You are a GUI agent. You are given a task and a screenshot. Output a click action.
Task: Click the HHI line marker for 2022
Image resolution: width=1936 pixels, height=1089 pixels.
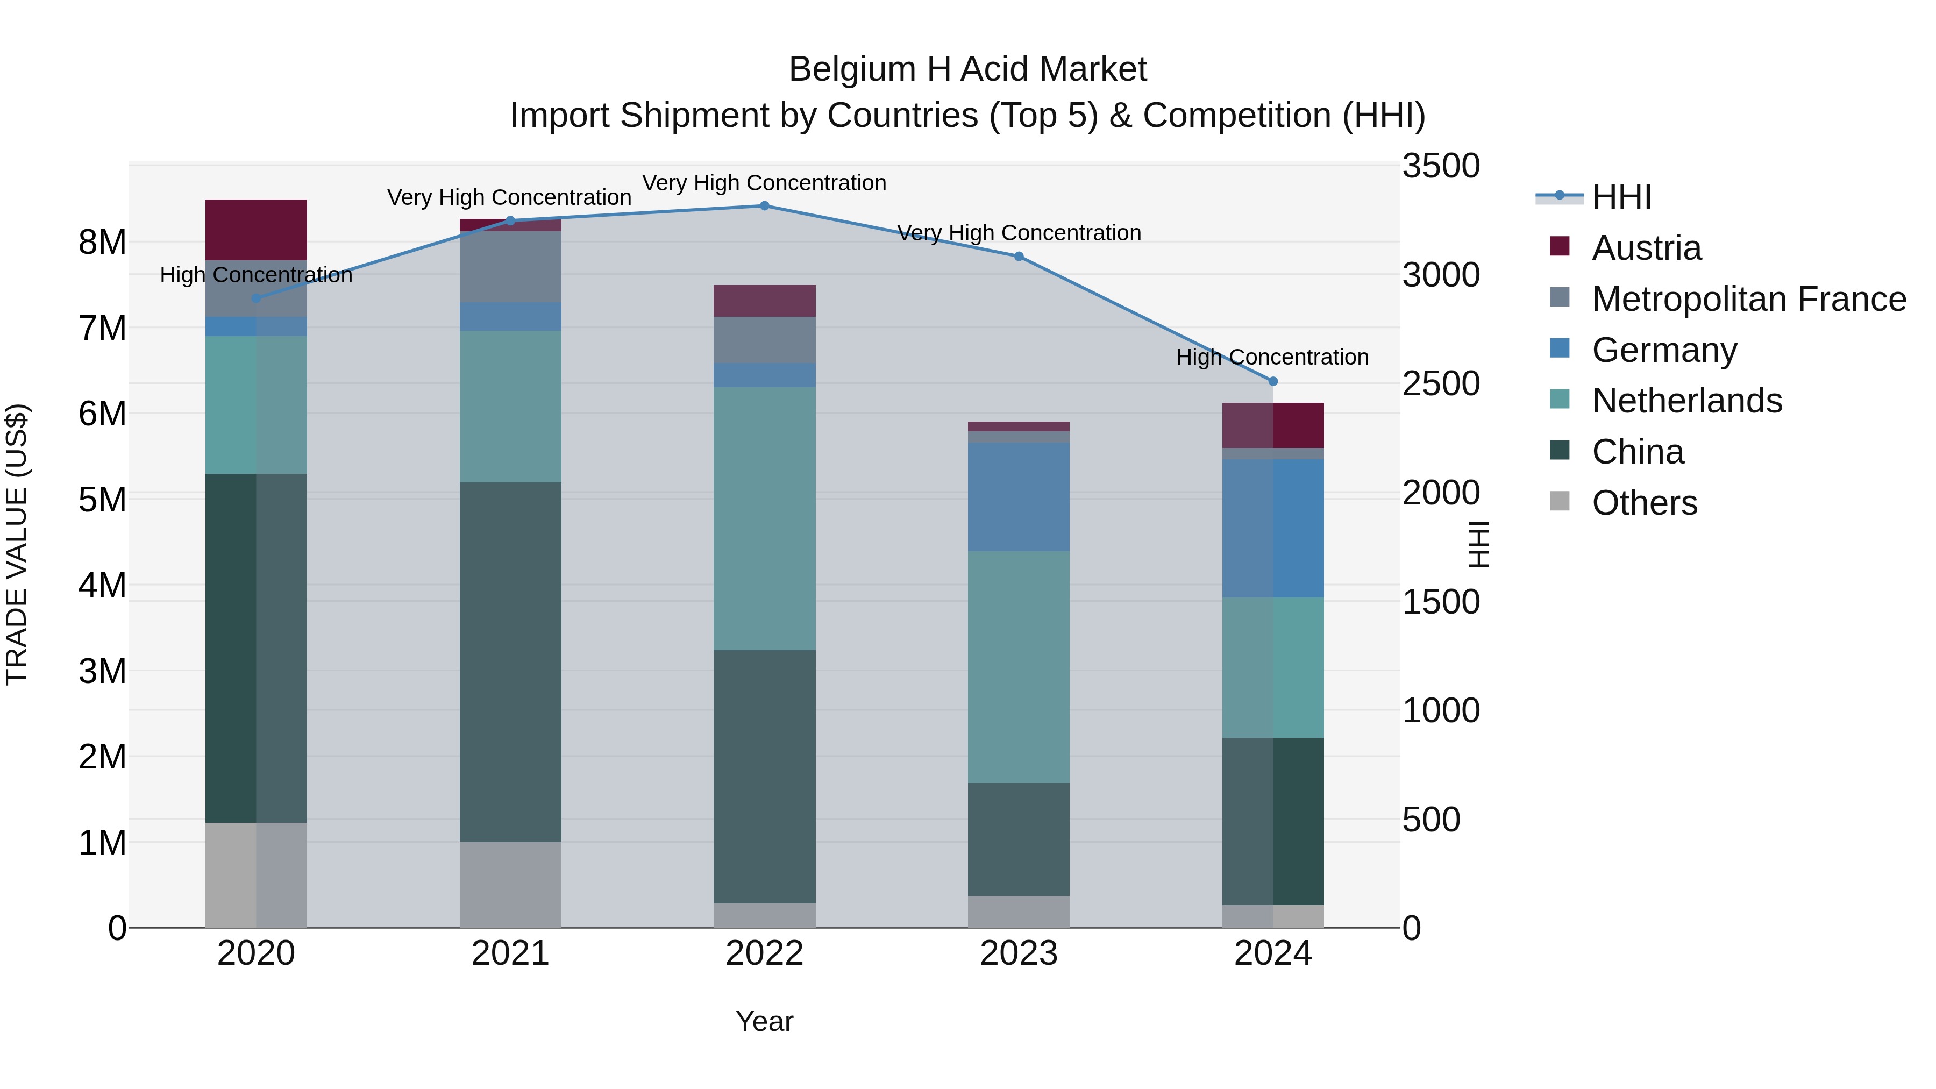764,206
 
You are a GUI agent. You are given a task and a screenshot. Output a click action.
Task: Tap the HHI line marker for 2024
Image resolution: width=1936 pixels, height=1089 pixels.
1273,382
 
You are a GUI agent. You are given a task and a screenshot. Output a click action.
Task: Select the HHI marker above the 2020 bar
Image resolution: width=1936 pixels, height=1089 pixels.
257,298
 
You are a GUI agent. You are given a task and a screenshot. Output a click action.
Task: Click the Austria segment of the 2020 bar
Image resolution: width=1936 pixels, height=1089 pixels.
257,230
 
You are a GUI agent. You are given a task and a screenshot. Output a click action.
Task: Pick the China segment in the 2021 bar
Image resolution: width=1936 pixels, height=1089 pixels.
510,661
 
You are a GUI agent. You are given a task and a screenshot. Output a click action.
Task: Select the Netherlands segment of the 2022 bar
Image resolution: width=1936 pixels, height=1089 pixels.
764,518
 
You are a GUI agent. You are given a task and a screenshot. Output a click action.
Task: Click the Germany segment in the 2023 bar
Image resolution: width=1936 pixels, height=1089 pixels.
1019,497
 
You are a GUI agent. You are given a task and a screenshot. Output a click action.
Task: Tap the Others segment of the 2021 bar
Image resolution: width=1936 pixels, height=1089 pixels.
510,885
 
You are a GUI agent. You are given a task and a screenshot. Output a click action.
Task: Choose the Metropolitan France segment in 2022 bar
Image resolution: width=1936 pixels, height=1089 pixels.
764,340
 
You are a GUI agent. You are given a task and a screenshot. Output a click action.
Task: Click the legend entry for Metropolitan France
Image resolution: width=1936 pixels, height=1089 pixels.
1748,299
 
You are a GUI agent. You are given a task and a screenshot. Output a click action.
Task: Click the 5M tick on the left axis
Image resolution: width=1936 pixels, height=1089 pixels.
102,500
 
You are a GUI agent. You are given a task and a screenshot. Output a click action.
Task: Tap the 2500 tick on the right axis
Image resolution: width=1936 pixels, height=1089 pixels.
1441,384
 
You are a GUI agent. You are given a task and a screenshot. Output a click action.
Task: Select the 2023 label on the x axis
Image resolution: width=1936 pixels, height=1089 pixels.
1019,953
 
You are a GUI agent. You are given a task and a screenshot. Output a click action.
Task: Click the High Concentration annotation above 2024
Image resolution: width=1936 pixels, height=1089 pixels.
1272,357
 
